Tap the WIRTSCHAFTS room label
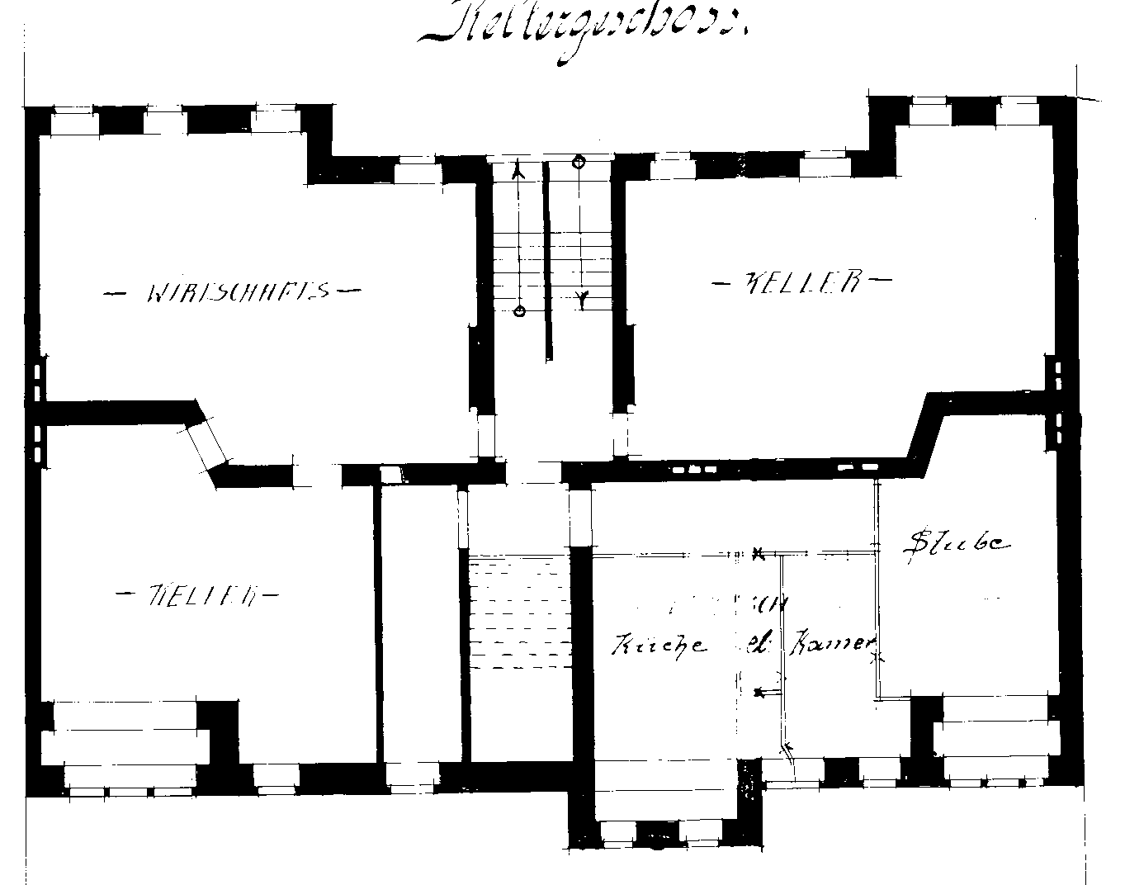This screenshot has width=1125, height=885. (235, 291)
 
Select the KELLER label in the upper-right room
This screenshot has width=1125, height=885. (801, 282)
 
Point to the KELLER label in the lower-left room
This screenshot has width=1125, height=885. (199, 594)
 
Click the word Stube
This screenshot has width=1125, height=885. (957, 542)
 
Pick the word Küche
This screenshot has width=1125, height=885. (659, 645)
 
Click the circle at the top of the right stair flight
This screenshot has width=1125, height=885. (579, 162)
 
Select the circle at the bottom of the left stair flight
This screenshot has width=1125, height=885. (519, 311)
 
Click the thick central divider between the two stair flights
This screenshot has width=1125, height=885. (547, 260)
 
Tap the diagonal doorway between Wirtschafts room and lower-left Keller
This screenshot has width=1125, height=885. (206, 447)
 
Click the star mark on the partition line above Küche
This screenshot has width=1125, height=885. (758, 553)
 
